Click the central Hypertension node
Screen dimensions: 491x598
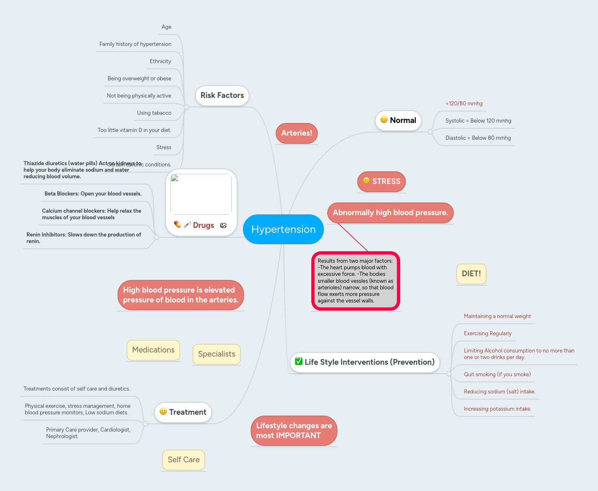[x=283, y=229]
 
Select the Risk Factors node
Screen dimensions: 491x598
[x=222, y=95]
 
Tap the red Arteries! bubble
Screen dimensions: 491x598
[x=297, y=133]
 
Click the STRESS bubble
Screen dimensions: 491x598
[x=382, y=182]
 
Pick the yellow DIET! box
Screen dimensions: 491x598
[x=471, y=274]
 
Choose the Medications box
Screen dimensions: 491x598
[x=153, y=350]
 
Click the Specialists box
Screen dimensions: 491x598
[x=217, y=354]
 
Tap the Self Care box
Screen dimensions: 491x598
[x=183, y=460]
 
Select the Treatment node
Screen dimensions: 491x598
[x=183, y=412]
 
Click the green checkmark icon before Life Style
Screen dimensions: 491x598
[x=299, y=361]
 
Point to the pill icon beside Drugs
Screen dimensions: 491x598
[x=177, y=225]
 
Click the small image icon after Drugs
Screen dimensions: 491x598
[x=223, y=225]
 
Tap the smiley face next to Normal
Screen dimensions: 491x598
[x=384, y=120]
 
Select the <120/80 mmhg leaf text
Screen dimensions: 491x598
[x=464, y=104]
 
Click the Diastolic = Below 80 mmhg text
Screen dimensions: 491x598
[x=478, y=138]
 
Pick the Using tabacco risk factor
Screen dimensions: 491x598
[x=154, y=113]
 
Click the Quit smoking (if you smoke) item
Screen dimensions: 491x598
[x=497, y=375]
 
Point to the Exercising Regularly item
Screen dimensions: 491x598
[x=487, y=334]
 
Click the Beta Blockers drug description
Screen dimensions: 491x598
[x=93, y=194]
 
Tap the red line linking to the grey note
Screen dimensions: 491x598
[x=353, y=237]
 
